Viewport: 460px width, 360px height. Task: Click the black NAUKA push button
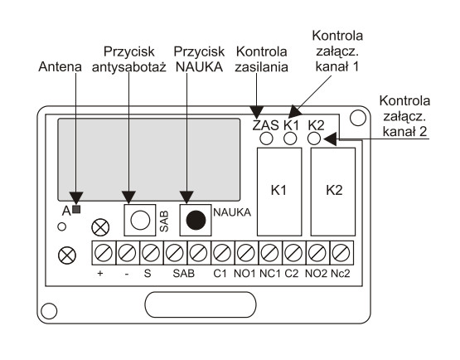pos(196,220)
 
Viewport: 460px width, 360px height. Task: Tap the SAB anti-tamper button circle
pos(140,220)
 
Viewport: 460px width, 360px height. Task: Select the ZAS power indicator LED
pos(266,139)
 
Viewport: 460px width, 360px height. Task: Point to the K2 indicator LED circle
pos(314,139)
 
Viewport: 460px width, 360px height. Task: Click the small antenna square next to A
pos(76,209)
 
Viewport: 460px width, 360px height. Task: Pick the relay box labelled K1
pos(279,192)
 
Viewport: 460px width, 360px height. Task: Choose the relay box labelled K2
pos(333,192)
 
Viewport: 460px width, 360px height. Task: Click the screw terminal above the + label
pos(104,253)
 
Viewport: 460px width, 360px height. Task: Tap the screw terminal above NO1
pos(246,253)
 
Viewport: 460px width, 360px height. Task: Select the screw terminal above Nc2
pos(341,253)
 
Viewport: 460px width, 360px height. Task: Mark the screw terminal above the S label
pos(152,253)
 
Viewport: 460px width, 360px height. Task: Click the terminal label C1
pos(220,274)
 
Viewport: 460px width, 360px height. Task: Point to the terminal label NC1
pos(270,274)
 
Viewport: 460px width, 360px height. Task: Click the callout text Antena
pos(61,66)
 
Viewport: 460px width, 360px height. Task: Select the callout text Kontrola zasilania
pos(261,60)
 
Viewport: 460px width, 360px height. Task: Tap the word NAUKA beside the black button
pos(232,212)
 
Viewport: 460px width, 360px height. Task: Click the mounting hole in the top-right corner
pos(358,118)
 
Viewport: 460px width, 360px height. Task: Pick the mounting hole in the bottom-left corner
pos(49,311)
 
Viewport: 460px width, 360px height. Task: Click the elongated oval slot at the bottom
pos(201,304)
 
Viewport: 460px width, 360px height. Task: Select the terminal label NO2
pos(316,274)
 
